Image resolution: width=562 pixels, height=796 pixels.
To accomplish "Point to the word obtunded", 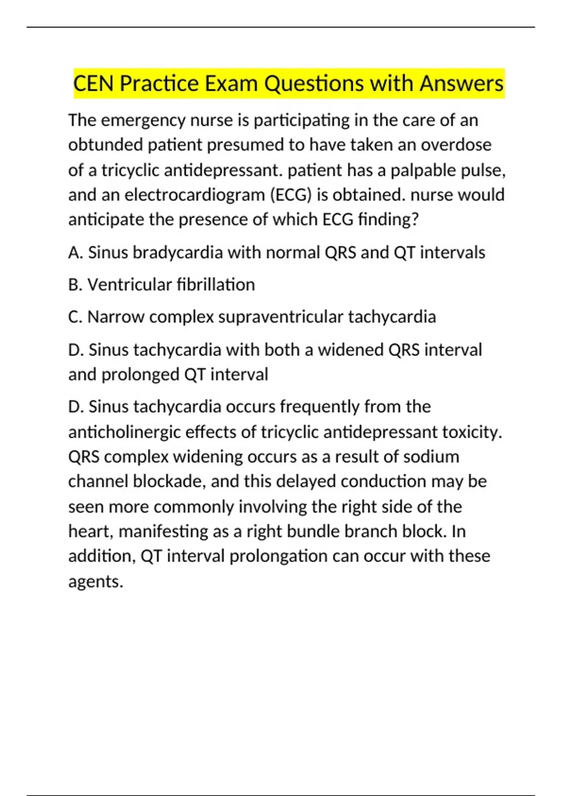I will click(105, 145).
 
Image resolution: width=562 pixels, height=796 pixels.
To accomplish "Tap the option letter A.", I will click(74, 253).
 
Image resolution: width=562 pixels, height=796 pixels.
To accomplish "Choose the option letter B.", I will click(74, 285).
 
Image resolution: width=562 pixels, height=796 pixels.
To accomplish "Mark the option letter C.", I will click(74, 317).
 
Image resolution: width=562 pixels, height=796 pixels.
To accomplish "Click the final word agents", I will click(96, 582).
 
